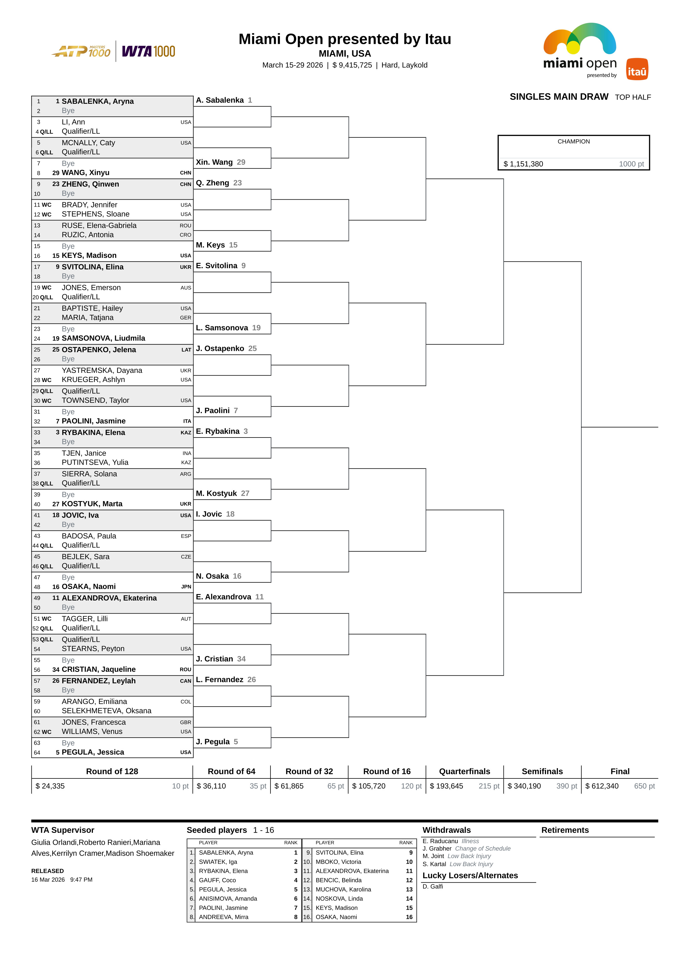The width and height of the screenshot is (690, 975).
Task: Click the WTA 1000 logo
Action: point(148,51)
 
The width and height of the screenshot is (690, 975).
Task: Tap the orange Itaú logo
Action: point(637,69)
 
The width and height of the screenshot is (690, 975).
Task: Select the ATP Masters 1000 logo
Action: point(81,51)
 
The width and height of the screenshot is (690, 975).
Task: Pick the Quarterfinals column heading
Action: point(464,771)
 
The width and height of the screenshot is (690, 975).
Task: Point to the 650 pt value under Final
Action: point(644,786)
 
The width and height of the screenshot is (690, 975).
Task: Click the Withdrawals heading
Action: point(446,830)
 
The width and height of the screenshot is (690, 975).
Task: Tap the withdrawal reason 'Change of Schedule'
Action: point(483,848)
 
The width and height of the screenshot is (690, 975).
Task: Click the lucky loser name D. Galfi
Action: point(432,886)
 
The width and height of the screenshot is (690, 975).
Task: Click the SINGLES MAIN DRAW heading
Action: point(559,97)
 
